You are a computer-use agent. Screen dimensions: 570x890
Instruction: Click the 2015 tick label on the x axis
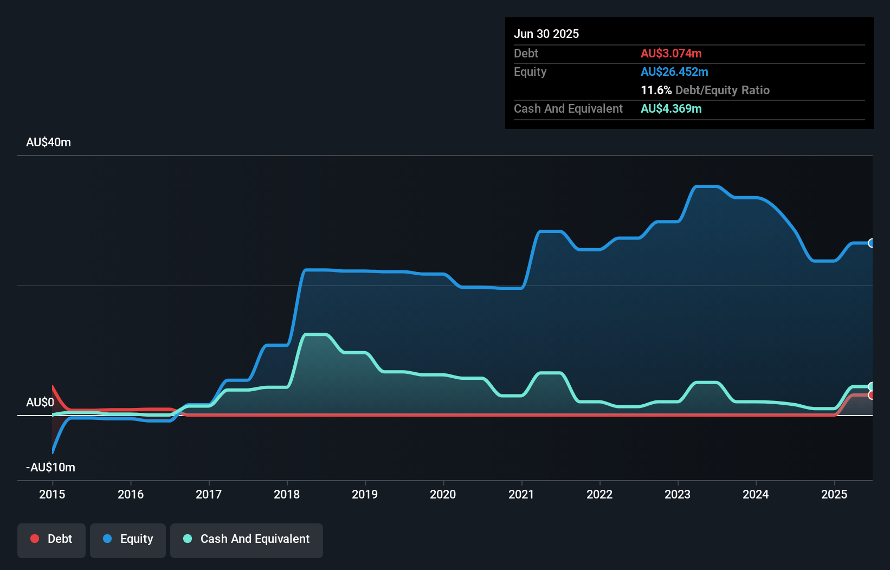point(52,494)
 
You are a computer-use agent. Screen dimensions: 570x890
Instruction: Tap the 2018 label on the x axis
point(287,494)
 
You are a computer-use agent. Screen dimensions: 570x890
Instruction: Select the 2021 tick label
point(521,494)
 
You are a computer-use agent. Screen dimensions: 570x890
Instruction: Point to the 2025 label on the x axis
point(834,494)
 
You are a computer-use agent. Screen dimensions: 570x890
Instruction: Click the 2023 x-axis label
point(678,494)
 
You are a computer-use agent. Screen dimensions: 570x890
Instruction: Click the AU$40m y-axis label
point(48,142)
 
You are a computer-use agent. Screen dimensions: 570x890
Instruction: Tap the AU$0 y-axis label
point(40,402)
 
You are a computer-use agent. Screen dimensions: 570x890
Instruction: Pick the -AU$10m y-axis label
point(50,467)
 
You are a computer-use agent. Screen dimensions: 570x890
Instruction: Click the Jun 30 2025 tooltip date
point(546,34)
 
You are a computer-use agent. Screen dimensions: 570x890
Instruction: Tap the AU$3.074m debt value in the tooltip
point(671,53)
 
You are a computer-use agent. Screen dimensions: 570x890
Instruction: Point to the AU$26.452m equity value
point(674,72)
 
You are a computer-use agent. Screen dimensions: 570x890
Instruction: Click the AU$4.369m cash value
point(671,108)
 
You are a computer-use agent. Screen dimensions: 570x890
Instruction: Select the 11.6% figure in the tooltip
point(656,90)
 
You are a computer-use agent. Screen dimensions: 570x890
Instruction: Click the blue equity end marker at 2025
point(871,243)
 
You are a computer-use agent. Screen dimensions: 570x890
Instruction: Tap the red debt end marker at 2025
point(871,396)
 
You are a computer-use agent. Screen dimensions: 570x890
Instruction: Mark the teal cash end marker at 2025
point(871,386)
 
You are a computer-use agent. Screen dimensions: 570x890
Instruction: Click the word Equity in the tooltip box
point(530,72)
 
